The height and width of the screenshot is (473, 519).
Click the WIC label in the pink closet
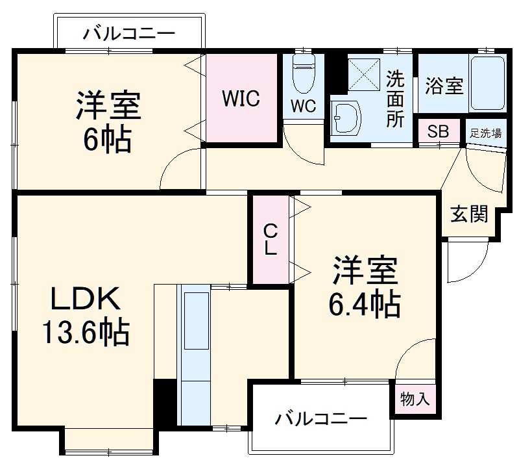(241, 99)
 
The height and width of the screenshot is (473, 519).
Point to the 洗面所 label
(395, 99)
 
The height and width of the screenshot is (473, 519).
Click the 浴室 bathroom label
(444, 86)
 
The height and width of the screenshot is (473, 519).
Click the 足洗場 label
(485, 134)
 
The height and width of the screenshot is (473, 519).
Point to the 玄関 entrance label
(469, 214)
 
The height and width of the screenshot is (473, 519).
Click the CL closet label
(270, 239)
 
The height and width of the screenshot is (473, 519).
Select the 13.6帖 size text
(86, 333)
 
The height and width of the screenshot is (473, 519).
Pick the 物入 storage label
(415, 398)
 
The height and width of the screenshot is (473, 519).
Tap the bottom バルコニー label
(320, 418)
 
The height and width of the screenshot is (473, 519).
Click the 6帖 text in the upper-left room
(107, 139)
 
